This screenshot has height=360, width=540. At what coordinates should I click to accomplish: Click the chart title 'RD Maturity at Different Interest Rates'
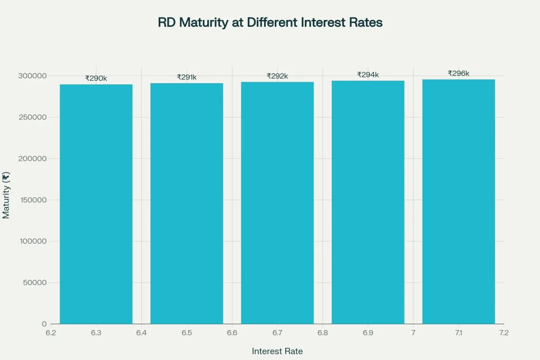[270, 23]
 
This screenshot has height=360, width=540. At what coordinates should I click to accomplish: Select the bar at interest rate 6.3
[96, 204]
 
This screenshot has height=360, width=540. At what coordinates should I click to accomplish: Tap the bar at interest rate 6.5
[187, 203]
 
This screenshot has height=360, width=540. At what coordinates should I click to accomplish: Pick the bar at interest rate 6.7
[277, 203]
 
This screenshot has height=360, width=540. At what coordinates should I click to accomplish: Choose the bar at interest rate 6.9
[368, 202]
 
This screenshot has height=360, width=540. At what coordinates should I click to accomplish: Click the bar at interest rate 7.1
[459, 202]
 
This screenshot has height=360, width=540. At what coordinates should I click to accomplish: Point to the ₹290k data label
[96, 79]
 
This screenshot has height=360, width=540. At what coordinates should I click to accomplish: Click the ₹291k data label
[187, 77]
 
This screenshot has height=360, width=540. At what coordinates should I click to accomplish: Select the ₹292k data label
[277, 76]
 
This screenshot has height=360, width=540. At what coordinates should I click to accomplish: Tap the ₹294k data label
[368, 75]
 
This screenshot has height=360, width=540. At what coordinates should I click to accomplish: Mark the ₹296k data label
[459, 73]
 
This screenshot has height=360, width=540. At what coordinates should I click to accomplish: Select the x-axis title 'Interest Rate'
[277, 351]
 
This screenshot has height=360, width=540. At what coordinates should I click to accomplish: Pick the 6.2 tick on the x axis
[51, 333]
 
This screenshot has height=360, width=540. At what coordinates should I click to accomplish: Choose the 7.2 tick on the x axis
[504, 333]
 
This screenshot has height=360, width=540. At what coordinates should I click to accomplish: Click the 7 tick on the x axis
[413, 333]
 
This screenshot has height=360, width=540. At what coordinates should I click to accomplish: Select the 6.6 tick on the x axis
[232, 333]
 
